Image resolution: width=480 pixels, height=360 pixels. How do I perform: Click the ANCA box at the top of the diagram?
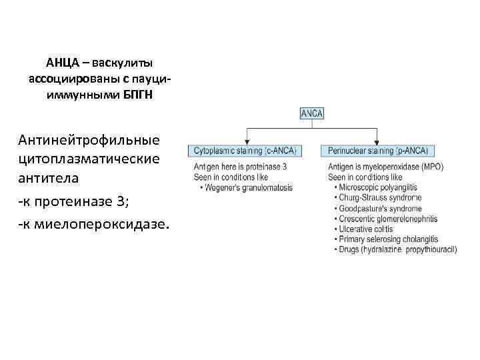pyautogui.click(x=312, y=114)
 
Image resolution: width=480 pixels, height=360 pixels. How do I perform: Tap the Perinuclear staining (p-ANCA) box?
pyautogui.click(x=377, y=151)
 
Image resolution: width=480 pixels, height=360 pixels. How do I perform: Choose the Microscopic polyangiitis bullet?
pyautogui.click(x=377, y=188)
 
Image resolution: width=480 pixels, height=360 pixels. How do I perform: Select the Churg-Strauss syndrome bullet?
pyautogui.click(x=379, y=198)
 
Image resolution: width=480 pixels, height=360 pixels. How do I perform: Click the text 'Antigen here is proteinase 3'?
pyautogui.click(x=241, y=166)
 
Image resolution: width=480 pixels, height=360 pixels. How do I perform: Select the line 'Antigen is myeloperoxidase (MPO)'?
pyautogui.click(x=385, y=167)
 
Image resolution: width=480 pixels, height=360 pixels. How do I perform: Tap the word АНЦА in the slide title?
pyautogui.click(x=62, y=63)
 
